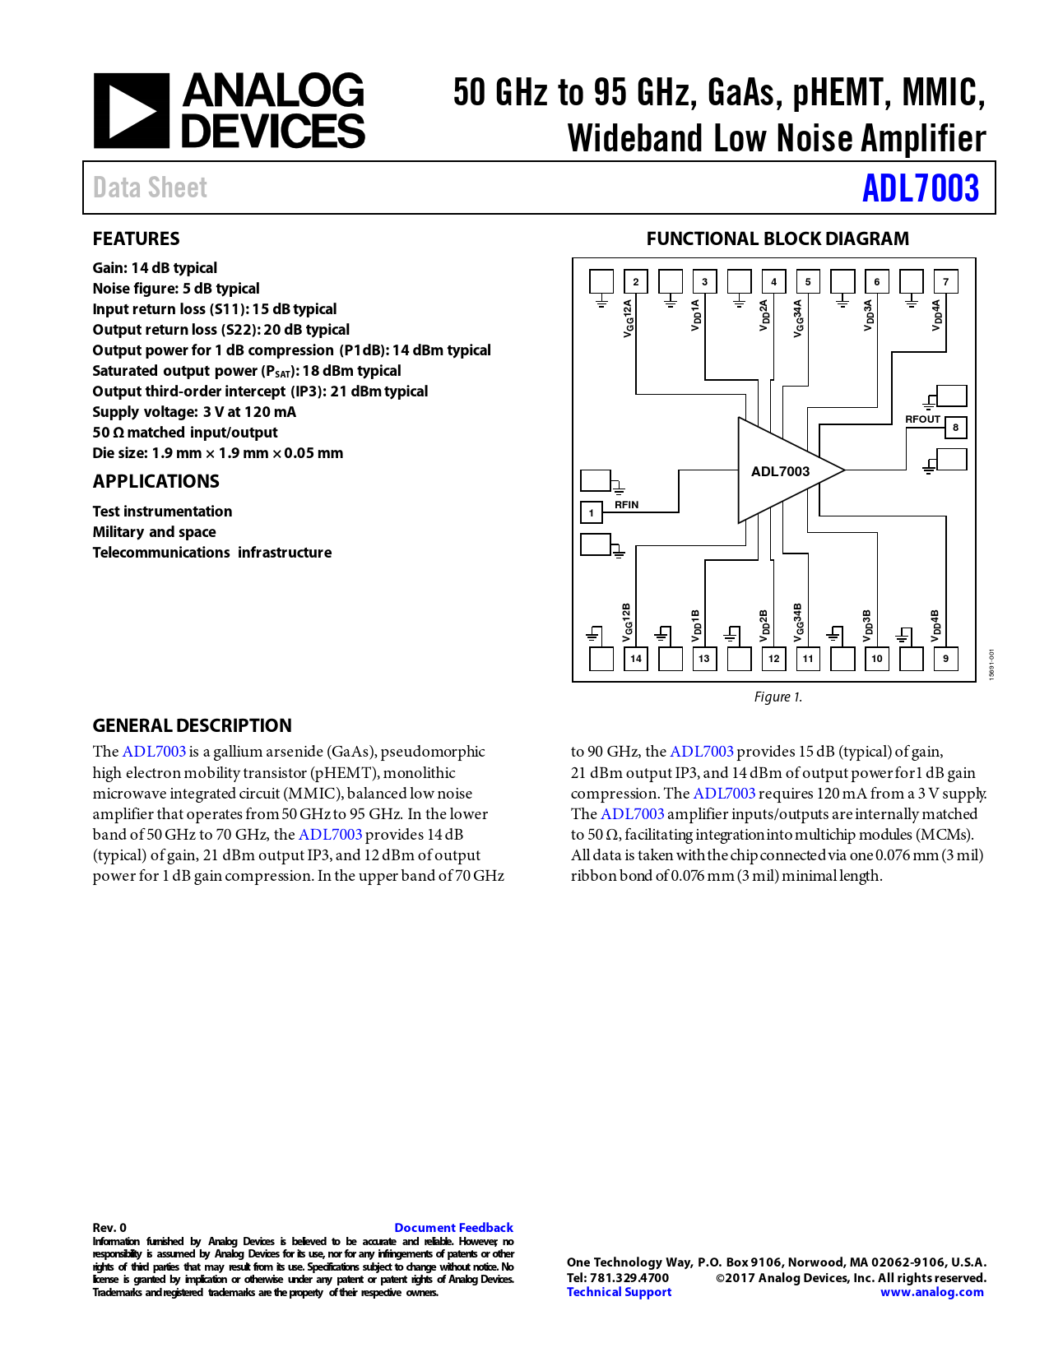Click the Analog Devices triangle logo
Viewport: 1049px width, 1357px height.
[x=132, y=111]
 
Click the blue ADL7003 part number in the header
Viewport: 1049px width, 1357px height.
[x=920, y=188]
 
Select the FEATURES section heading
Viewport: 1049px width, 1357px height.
[x=136, y=239]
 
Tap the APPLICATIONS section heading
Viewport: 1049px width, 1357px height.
[x=155, y=482]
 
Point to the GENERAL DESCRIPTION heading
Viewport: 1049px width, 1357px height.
[x=192, y=725]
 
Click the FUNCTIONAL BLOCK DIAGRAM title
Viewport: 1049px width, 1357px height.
[x=777, y=239]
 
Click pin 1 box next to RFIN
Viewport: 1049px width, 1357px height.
[x=591, y=513]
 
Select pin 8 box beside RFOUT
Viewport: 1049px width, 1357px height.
[x=955, y=428]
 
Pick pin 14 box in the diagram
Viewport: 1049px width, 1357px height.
[x=636, y=659]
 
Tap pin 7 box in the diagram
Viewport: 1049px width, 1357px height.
[x=945, y=282]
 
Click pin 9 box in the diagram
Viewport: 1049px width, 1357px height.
[x=945, y=659]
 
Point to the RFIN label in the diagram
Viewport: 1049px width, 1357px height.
[x=626, y=505]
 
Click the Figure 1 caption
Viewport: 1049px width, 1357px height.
[x=777, y=697]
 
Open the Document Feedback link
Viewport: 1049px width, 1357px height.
[x=453, y=1228]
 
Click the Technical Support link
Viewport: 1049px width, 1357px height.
[x=619, y=1292]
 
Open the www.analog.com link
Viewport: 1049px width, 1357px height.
[x=931, y=1292]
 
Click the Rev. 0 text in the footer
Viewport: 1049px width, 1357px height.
[x=109, y=1228]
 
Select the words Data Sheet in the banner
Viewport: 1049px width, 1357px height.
[x=150, y=188]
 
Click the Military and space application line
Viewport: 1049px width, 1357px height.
[x=154, y=532]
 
